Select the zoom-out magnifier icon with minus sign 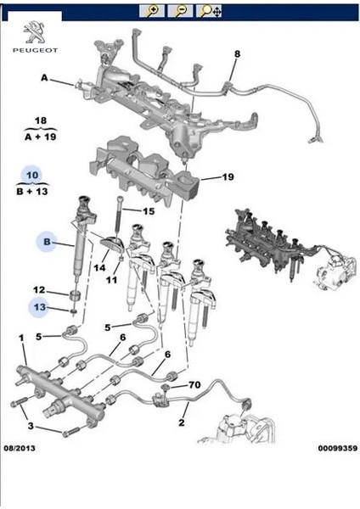pos(181,11)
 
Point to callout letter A pos(43,78)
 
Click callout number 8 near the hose pos(237,54)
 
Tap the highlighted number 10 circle pos(33,175)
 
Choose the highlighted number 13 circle pos(39,307)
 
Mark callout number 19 pos(228,176)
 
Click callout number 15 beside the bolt pos(149,211)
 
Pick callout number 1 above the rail pos(21,338)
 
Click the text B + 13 pos(38,192)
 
